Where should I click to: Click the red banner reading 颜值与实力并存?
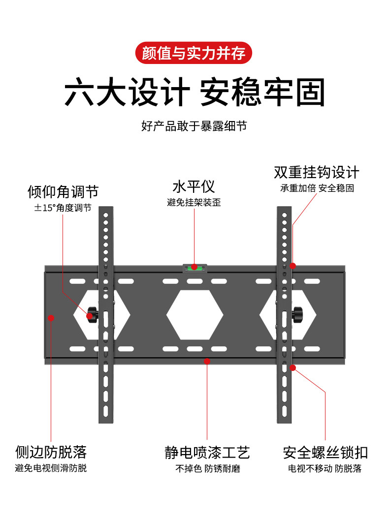coord(194,53)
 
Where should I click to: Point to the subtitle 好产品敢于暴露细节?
coord(194,126)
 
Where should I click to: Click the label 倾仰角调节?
coord(63,191)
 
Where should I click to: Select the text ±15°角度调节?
coord(63,208)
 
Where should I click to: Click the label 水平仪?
coord(194,187)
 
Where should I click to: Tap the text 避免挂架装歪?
coord(194,202)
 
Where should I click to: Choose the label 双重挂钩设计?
coord(317,173)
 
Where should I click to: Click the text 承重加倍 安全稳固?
coord(317,188)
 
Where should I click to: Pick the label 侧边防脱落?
coord(51,451)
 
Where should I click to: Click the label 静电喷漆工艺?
coord(207,452)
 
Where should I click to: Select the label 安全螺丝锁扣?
coord(325,452)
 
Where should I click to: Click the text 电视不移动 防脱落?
coord(325,468)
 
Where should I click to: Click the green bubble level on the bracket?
coord(194,268)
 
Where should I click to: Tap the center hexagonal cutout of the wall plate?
coord(195,314)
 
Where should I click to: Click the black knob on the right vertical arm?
coord(297,313)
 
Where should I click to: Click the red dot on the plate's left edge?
coord(51,318)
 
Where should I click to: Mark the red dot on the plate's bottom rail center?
coord(207,361)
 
